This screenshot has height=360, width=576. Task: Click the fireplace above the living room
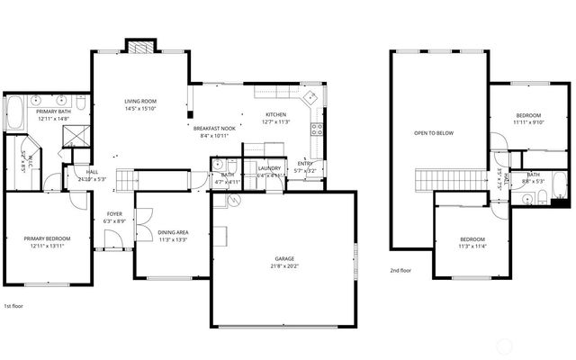click(x=139, y=48)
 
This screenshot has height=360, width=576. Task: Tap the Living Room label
click(x=141, y=102)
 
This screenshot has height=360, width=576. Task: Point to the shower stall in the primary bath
click(x=72, y=135)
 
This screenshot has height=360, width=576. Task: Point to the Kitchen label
click(x=275, y=115)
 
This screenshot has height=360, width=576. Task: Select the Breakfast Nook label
click(x=214, y=129)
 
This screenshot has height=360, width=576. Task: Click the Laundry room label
click(x=269, y=168)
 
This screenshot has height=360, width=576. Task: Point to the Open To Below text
click(x=434, y=133)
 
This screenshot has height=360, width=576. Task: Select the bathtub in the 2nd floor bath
click(x=558, y=190)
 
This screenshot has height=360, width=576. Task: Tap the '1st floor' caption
click(x=15, y=306)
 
